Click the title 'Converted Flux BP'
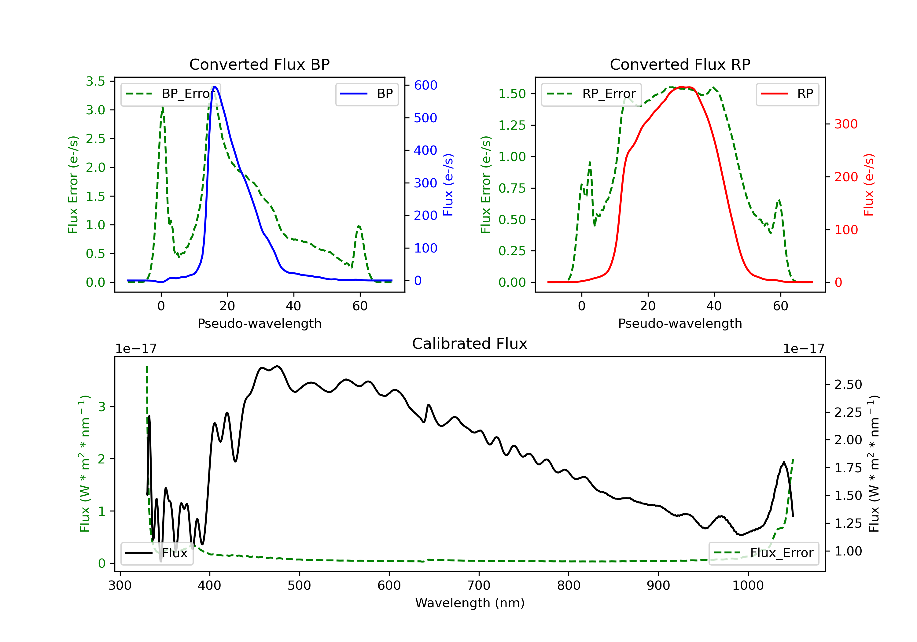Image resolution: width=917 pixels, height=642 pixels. (259, 64)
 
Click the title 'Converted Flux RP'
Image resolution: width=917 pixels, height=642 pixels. (680, 64)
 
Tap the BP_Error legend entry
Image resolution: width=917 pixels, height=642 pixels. (171, 94)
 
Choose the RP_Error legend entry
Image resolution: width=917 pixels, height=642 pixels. (591, 94)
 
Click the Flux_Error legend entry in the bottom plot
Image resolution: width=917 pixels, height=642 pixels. (764, 553)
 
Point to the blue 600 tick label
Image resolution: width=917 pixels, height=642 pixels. (425, 85)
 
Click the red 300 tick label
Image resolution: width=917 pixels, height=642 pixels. (845, 124)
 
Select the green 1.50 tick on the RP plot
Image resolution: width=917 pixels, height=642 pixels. (512, 94)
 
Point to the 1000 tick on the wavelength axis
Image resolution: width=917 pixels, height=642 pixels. (748, 586)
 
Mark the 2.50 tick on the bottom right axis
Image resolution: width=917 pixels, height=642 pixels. (848, 385)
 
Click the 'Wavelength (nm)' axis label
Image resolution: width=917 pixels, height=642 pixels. (470, 603)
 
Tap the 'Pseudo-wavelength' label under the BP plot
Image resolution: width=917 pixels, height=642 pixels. (259, 323)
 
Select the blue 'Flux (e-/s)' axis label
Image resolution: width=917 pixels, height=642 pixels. (448, 185)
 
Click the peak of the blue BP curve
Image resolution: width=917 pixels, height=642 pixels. (215, 87)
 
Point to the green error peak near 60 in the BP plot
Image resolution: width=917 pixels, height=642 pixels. (359, 227)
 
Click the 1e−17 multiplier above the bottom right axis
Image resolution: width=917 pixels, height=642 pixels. (804, 349)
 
